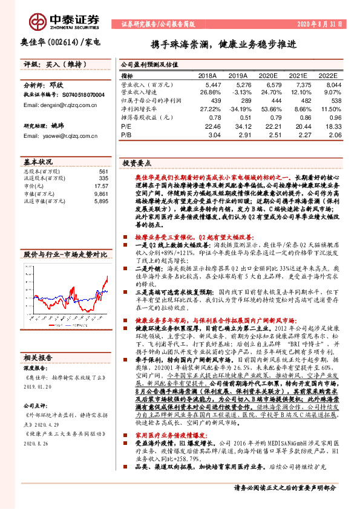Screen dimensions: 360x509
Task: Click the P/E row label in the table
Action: point(126,127)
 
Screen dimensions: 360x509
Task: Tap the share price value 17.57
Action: point(100,186)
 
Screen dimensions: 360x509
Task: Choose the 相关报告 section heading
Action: point(38,357)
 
